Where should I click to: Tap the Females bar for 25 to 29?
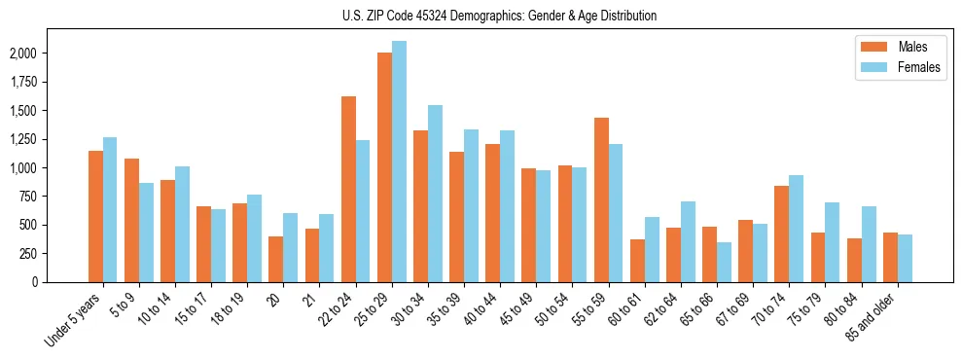399,162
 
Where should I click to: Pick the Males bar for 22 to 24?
348,190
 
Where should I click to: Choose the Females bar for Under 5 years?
110,210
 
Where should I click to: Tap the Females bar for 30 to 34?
435,194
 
